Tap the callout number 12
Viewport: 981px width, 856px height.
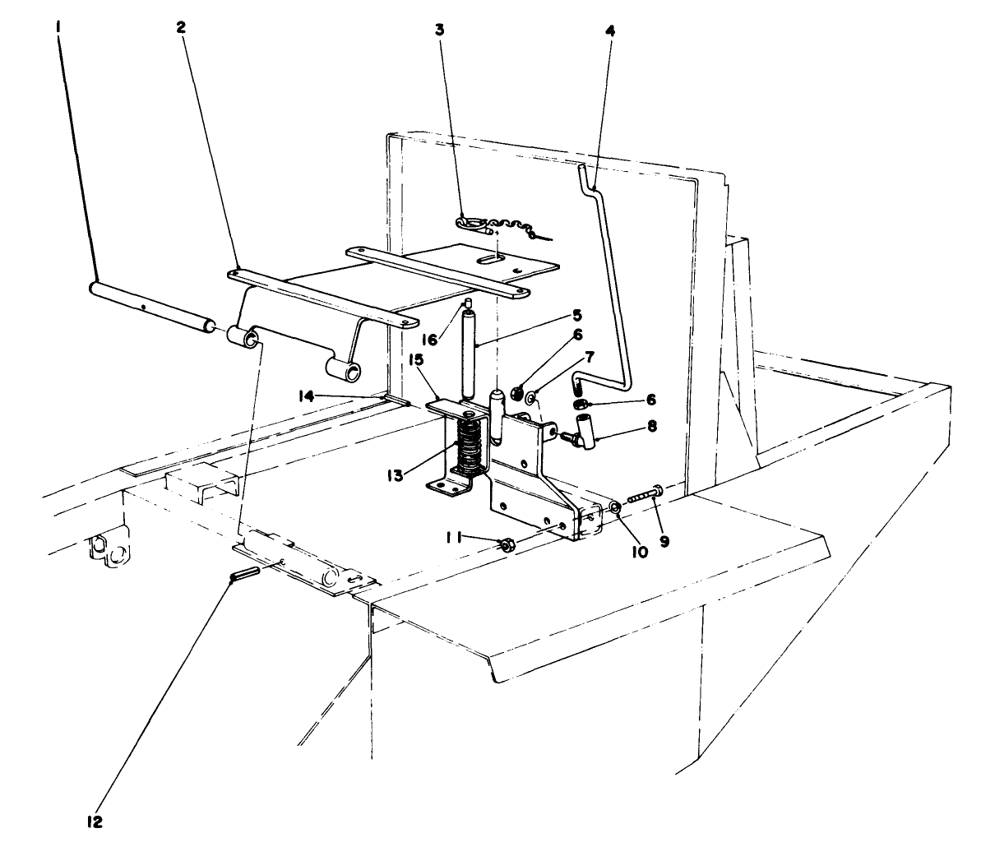(x=97, y=821)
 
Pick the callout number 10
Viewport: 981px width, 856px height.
(x=641, y=553)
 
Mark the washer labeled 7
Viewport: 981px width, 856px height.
(x=532, y=400)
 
